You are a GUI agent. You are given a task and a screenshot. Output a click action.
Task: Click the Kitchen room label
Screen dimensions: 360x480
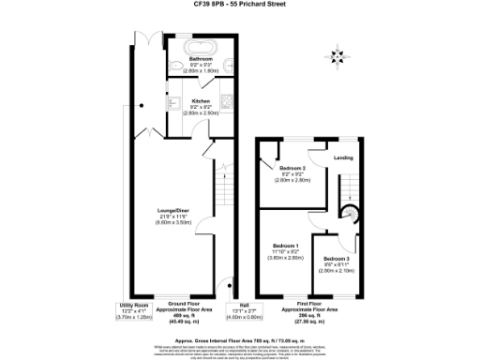202,101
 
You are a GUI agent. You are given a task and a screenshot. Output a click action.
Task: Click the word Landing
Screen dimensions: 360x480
344,157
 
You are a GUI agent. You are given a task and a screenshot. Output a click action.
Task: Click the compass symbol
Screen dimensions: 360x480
340,52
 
